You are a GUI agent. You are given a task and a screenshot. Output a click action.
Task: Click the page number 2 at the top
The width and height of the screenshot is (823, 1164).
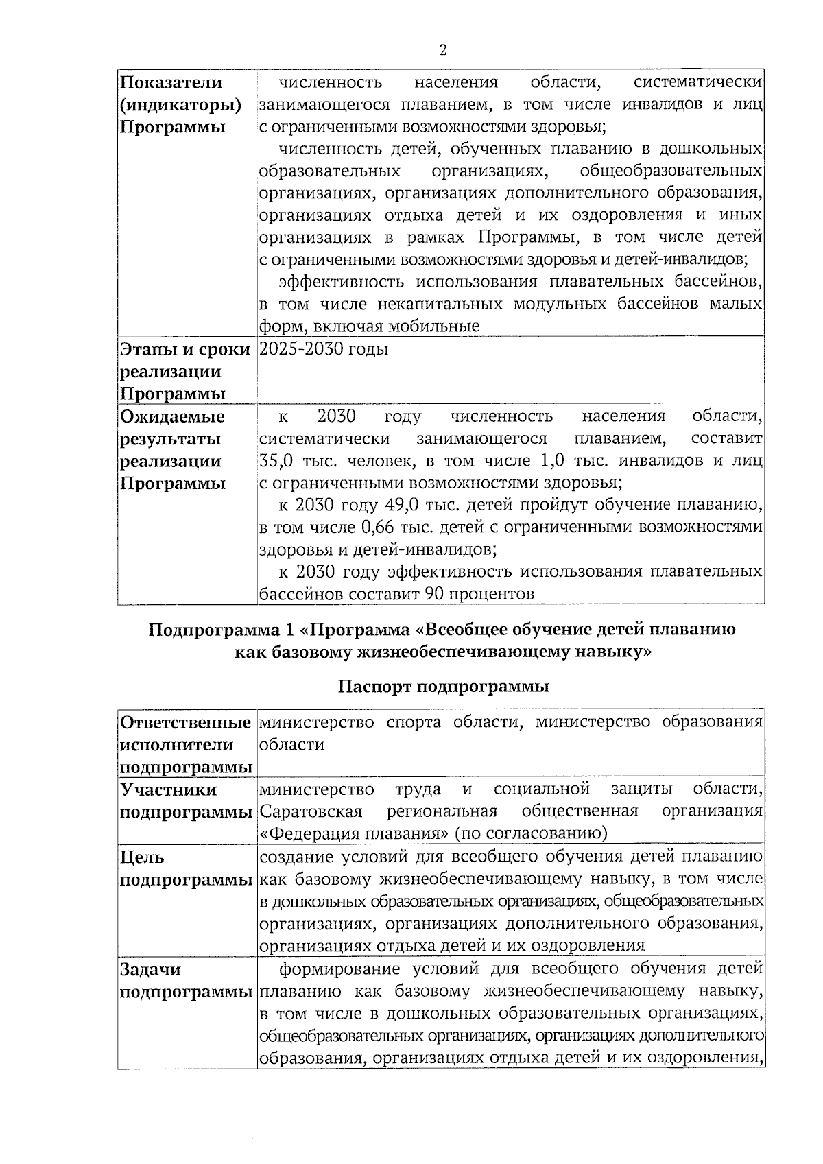point(442,50)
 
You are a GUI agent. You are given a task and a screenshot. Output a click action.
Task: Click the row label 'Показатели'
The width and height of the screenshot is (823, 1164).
point(171,83)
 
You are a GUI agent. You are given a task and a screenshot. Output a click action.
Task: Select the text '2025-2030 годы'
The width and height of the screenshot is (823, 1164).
point(324,349)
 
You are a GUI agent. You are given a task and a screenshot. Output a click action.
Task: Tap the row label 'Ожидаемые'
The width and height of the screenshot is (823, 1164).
point(172,416)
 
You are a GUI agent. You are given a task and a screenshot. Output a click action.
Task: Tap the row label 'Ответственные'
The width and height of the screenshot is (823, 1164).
point(184,722)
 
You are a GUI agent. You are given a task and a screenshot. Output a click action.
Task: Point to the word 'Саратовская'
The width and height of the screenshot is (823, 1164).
point(311,812)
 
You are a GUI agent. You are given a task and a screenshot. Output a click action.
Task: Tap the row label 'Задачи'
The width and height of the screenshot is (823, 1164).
point(151,969)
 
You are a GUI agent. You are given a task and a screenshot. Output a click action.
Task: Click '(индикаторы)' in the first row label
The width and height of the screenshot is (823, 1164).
point(180,106)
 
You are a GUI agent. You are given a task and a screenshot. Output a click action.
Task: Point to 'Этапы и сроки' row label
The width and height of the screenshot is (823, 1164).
point(184,349)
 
